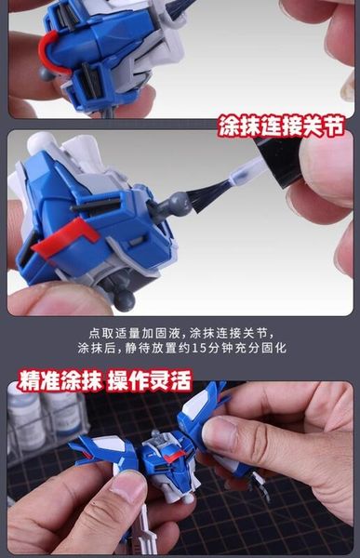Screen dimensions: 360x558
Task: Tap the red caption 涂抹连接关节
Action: pos(282,126)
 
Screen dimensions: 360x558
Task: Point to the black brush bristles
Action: pos(207,193)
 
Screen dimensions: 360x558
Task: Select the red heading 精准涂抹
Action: pos(60,380)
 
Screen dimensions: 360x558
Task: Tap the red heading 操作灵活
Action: pos(150,380)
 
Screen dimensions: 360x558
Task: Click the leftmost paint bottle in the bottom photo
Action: pos(23,417)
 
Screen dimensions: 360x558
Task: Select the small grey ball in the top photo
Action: pos(47,74)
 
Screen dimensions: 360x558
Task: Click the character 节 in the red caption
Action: pos(335,126)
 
